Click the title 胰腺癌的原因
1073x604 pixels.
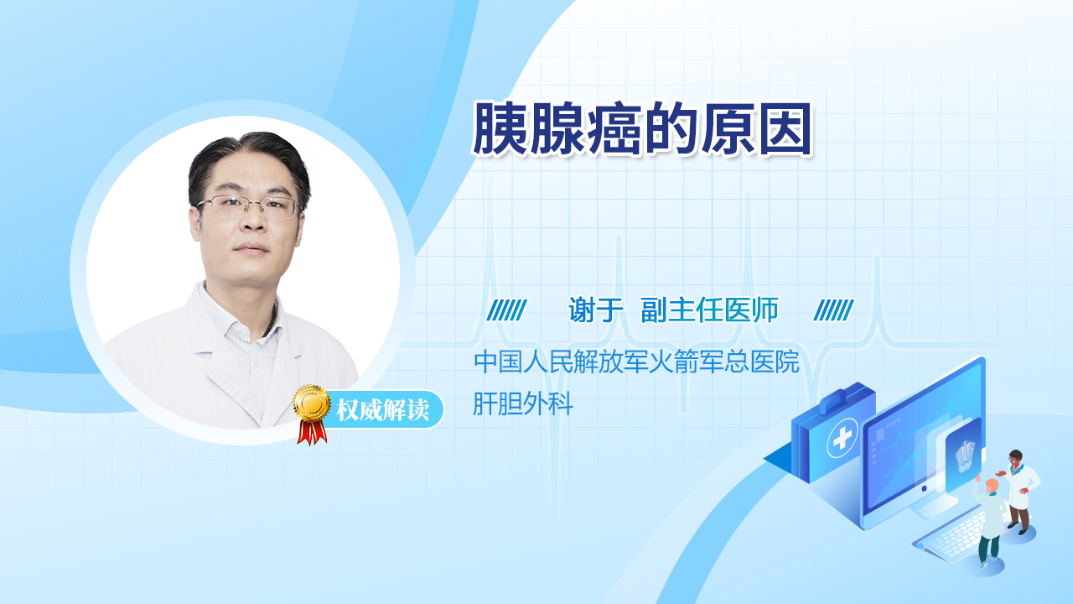[642, 128]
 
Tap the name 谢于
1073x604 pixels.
[595, 310]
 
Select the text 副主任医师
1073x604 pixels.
[709, 310]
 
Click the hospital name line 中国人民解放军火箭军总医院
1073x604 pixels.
[636, 362]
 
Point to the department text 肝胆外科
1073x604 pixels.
[522, 404]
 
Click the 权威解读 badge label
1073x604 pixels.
[382, 410]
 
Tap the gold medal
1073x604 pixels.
[312, 404]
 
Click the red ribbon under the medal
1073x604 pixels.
[312, 432]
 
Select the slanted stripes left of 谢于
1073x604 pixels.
[507, 310]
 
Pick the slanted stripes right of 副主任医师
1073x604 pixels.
[833, 310]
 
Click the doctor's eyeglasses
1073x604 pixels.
[247, 206]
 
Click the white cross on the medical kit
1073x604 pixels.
[842, 438]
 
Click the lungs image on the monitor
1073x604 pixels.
[964, 456]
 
